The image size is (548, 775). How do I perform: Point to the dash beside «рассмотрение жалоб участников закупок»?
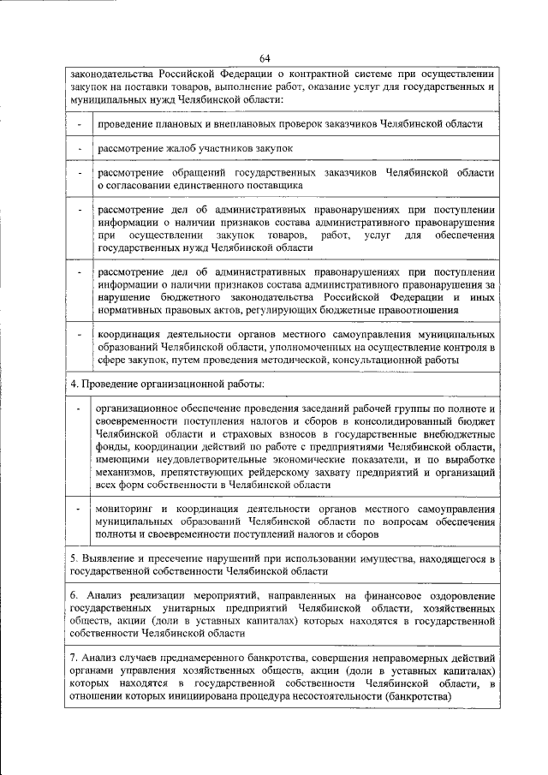pos(80,149)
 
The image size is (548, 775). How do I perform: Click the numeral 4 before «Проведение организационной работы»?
pos(74,382)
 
